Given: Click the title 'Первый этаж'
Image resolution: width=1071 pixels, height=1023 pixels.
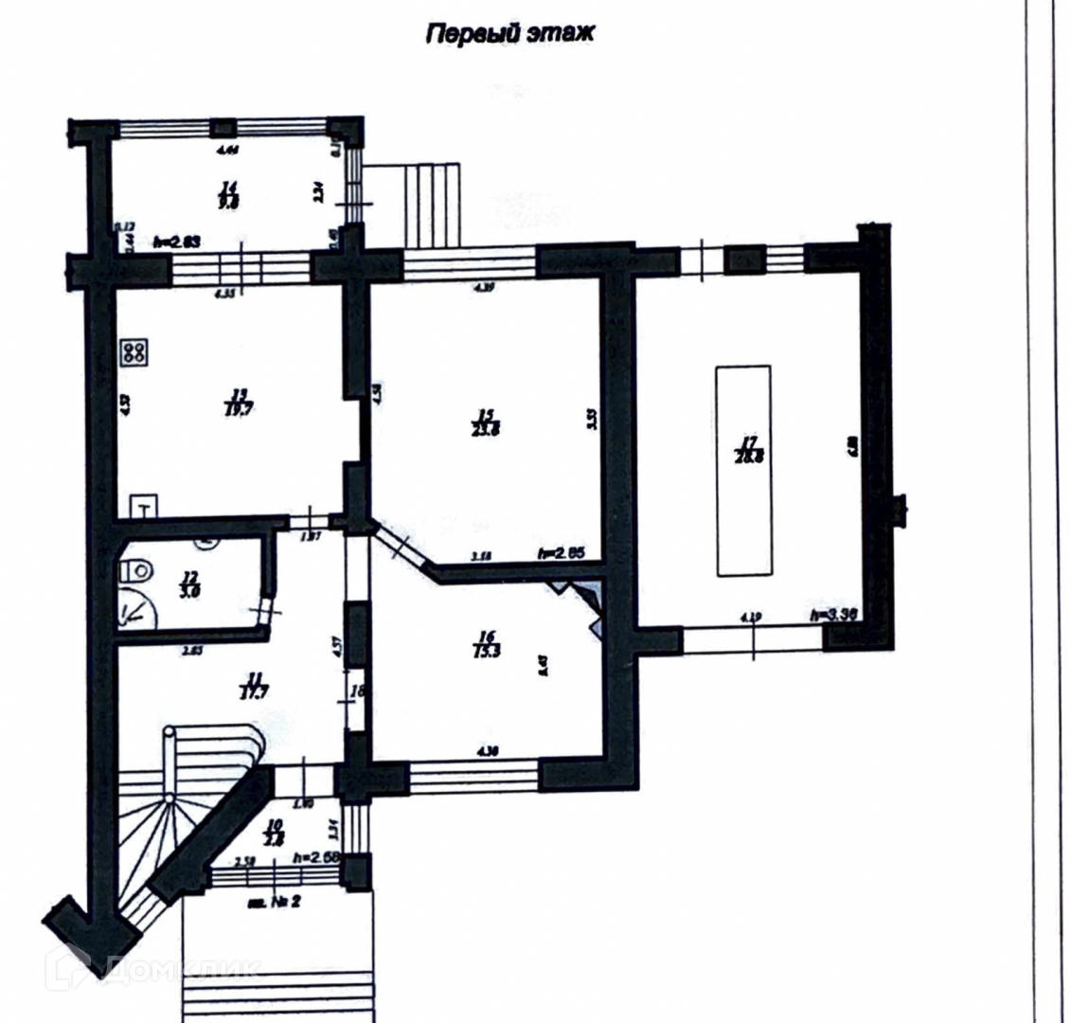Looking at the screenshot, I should (x=509, y=34).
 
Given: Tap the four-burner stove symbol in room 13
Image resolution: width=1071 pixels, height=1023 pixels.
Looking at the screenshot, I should (x=134, y=353).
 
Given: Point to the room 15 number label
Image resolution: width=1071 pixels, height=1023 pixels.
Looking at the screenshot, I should (x=487, y=417).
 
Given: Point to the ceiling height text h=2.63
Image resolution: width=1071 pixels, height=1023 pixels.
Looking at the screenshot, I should (x=176, y=242).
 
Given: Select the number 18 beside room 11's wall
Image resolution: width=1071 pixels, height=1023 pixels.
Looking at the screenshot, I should (x=357, y=691).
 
